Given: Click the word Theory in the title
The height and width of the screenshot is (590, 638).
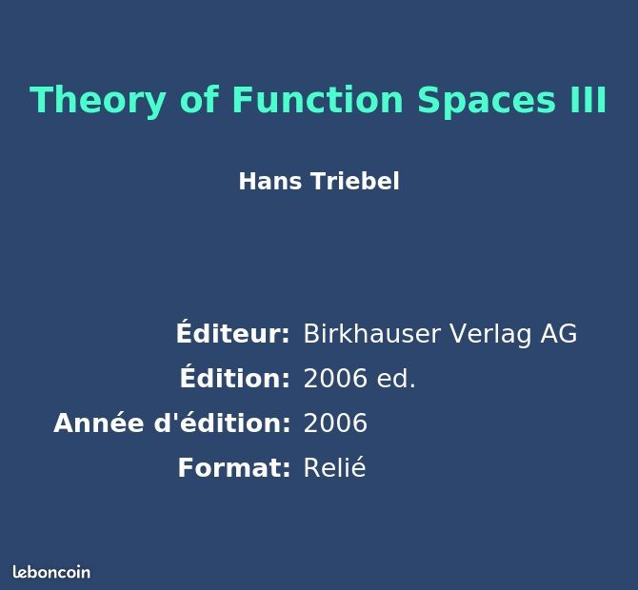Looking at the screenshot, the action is pos(98,101).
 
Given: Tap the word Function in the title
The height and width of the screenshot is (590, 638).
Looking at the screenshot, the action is pos(317,100).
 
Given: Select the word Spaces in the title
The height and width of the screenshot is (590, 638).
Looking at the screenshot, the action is pos(487,102).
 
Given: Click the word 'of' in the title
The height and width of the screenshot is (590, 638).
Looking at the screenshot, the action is pos(199,100).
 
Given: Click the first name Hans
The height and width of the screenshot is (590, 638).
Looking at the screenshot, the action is pos(270,182).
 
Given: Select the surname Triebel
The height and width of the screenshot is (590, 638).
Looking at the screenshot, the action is pos(355,182).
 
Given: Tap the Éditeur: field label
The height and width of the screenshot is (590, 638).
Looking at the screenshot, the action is pos(233,332).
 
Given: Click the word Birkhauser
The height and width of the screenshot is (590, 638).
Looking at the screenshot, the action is pos(372,334).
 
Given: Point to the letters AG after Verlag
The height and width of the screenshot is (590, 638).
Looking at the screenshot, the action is pos(559,334).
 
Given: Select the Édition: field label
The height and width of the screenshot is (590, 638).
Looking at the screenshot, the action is pos(235,377).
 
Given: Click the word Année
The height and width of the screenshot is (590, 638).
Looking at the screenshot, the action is pos(98,423).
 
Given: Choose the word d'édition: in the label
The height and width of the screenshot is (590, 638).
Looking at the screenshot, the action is pos(222,423).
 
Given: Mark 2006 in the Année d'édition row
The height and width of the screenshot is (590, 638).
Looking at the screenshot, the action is pos(336,423).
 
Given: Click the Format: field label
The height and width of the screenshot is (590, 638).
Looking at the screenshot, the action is pos(234,467).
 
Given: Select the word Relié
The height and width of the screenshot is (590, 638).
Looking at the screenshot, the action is pos(335,467).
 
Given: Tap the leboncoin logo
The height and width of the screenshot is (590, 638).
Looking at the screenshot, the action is pos(51,572).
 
